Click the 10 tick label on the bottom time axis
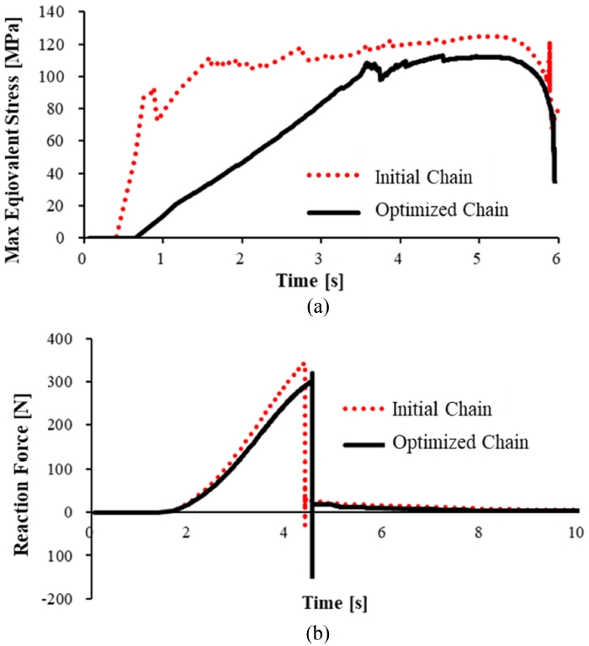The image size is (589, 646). click(576, 534)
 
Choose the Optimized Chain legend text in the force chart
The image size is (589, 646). click(459, 442)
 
